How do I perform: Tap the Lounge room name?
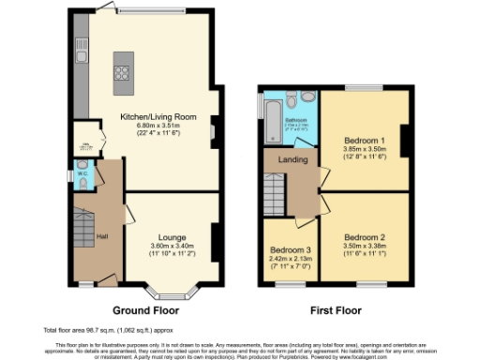(170, 237)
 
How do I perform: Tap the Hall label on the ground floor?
(103, 235)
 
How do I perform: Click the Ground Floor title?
(146, 309)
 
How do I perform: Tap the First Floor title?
(336, 309)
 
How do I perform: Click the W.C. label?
(82, 173)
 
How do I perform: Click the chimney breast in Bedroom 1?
(405, 141)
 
